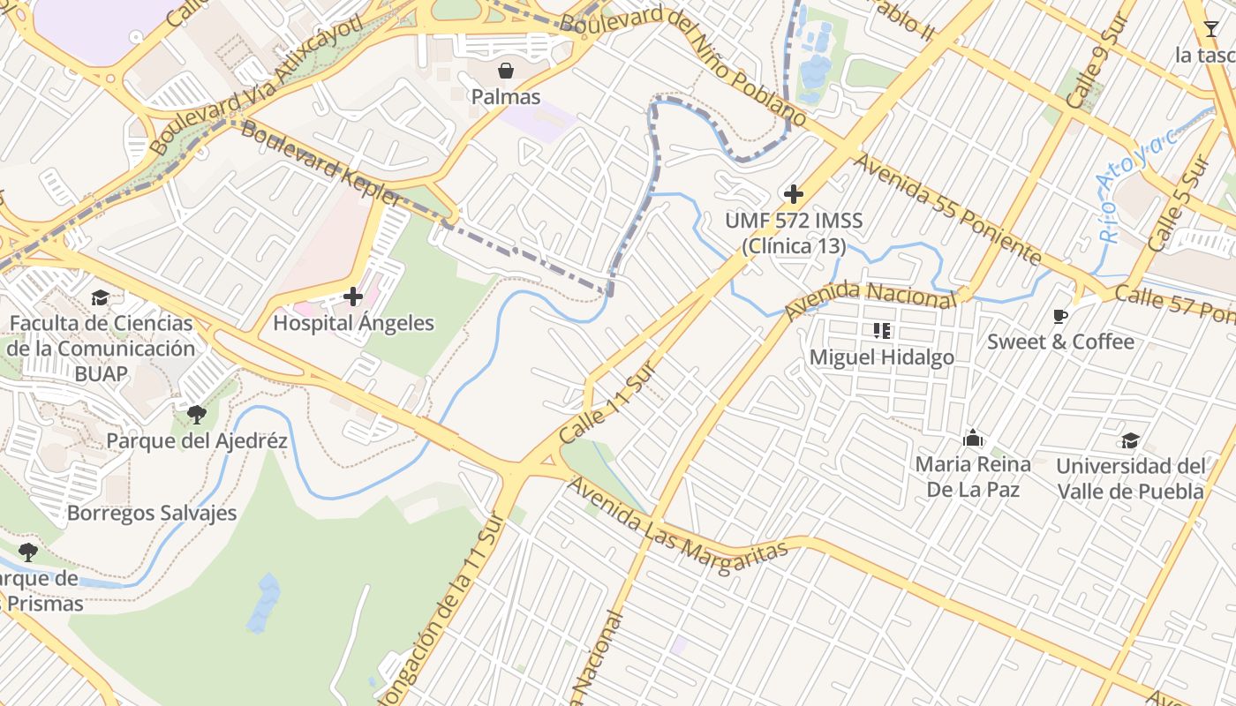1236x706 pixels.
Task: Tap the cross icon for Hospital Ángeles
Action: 353,297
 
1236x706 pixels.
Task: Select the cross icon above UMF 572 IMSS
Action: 793,194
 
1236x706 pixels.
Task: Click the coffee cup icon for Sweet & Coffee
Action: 1060,316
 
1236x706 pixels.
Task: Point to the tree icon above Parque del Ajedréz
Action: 197,414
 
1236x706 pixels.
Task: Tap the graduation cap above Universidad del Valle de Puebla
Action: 1130,440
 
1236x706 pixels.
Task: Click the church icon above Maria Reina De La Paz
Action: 973,438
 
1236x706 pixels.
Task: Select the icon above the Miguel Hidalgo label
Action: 881,331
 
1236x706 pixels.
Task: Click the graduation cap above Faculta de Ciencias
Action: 100,297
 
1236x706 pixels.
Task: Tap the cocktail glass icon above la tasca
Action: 1210,29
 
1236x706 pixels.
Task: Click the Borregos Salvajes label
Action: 152,513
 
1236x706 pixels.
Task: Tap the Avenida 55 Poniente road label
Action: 947,209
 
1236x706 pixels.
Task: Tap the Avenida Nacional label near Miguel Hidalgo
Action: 870,300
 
